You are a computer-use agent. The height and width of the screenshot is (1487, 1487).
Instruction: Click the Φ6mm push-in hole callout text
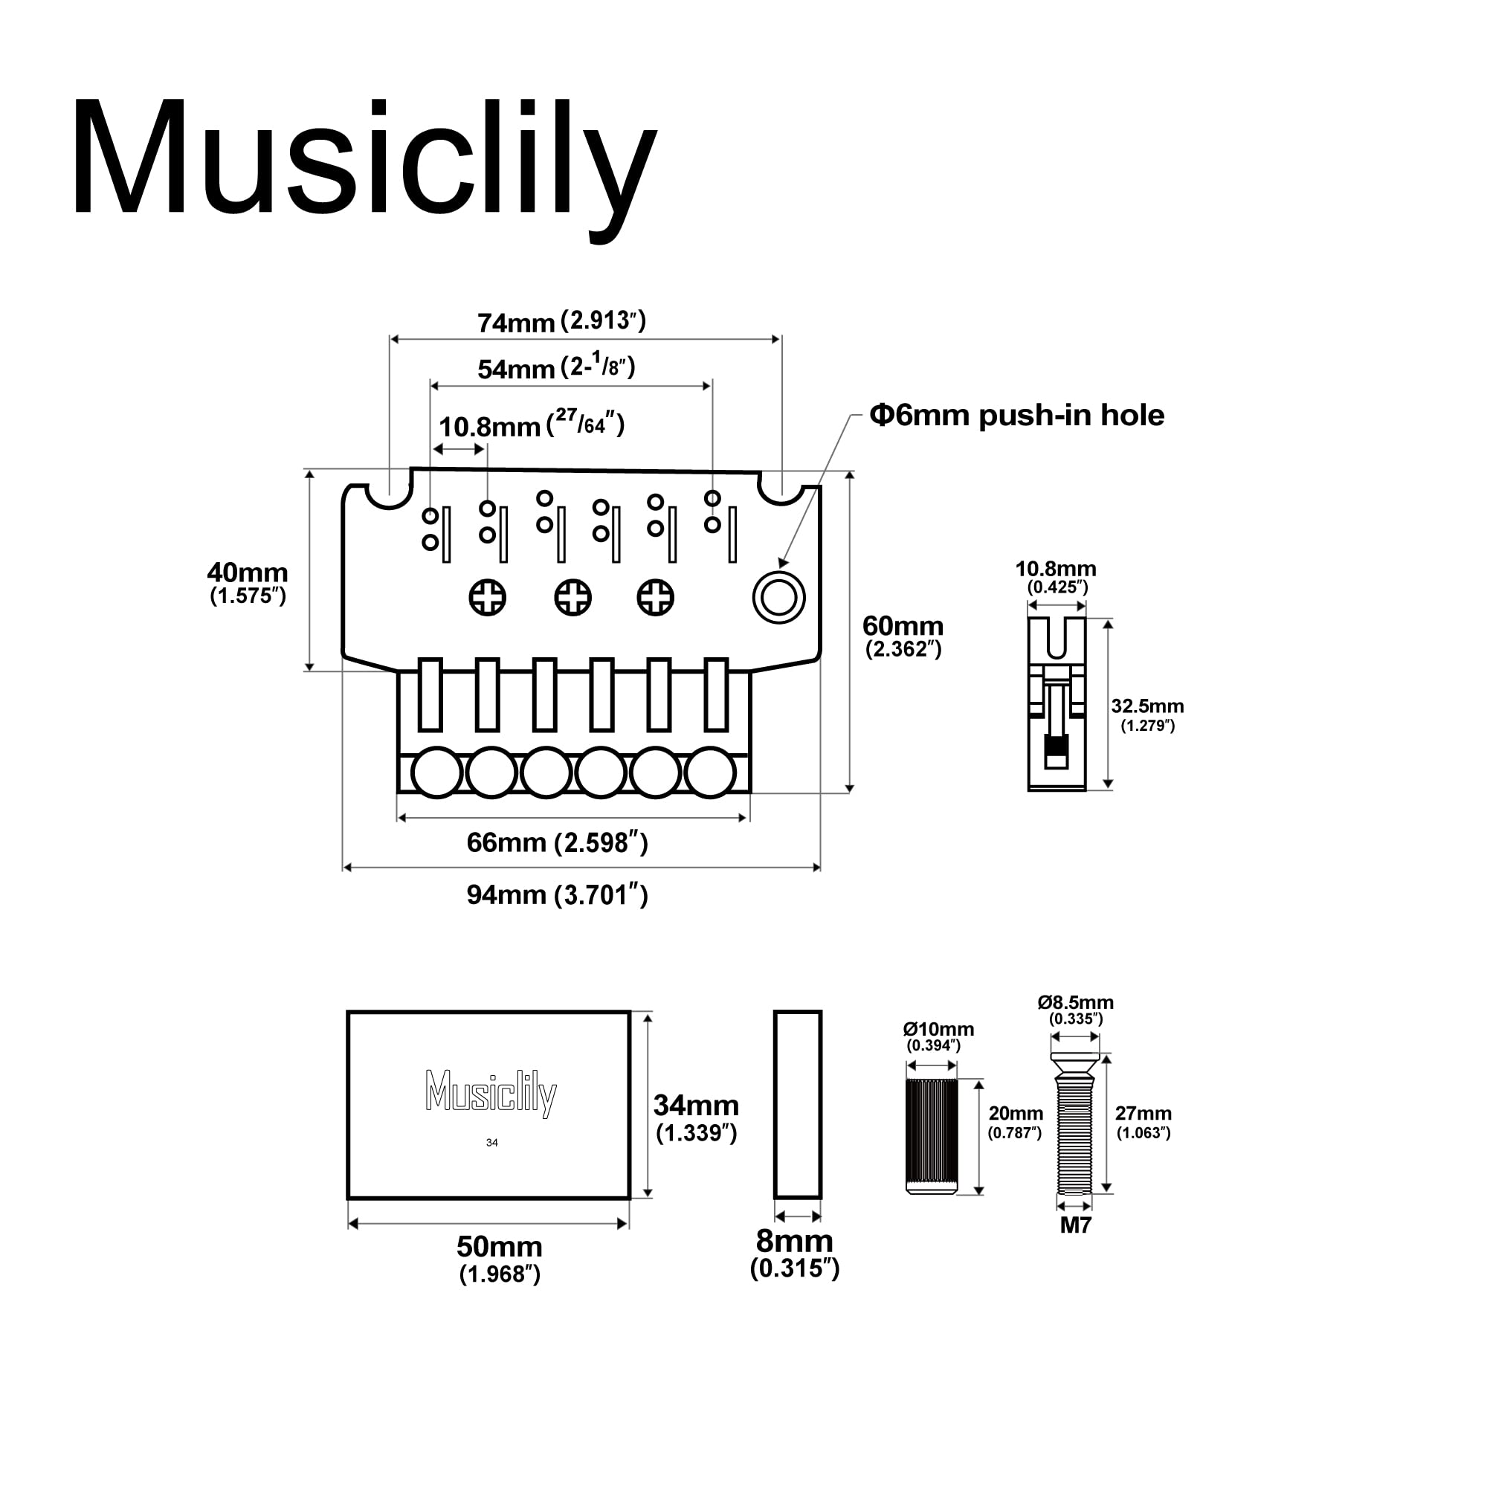click(1016, 416)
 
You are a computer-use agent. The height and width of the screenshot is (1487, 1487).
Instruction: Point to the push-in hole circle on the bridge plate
click(778, 598)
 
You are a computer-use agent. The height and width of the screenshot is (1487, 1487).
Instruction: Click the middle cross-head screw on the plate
click(572, 597)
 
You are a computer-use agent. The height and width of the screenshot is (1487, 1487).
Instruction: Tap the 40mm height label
click(247, 573)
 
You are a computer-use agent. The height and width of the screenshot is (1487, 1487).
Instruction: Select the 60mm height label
click(903, 627)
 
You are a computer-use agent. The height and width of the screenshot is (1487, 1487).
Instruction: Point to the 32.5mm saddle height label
click(1146, 706)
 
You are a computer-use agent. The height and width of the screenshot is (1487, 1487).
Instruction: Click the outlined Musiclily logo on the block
click(491, 1093)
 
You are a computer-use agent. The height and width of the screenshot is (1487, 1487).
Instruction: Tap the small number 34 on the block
click(491, 1143)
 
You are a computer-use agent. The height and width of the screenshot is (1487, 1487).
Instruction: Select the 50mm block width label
click(500, 1246)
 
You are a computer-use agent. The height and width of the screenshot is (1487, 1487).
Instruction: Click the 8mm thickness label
click(794, 1241)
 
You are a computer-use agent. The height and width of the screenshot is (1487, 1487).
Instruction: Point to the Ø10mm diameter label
click(938, 1029)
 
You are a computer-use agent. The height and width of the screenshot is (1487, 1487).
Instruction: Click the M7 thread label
click(1075, 1225)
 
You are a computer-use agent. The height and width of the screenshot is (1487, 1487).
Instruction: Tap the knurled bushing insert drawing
click(932, 1136)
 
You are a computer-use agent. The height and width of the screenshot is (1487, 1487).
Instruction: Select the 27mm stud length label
click(1143, 1114)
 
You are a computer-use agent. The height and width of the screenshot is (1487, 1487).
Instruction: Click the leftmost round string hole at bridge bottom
click(436, 772)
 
